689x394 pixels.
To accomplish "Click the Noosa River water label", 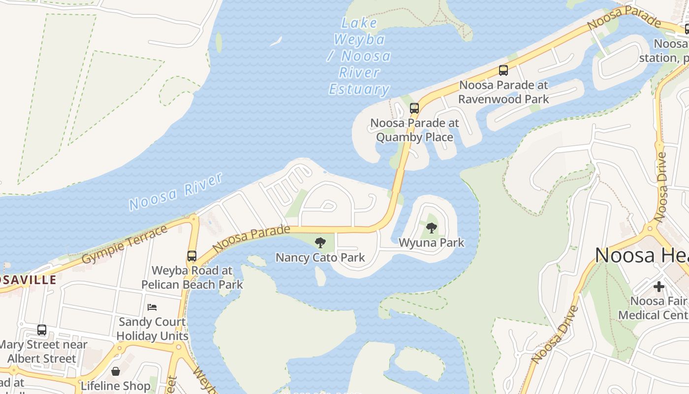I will coord(176,192).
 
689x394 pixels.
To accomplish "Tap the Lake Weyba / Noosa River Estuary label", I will coord(359,56).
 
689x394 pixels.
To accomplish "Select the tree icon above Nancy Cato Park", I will coord(320,242).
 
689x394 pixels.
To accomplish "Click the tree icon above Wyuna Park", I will coord(432,228).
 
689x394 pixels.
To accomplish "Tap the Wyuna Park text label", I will coord(432,243).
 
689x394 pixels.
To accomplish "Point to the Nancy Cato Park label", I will coord(320,258).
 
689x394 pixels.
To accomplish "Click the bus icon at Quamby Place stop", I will coord(414,108).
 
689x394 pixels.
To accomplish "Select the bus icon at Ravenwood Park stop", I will coord(503,70).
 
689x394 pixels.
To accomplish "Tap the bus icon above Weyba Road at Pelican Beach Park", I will coord(192,256).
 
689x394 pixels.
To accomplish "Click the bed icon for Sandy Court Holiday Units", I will coord(152,307).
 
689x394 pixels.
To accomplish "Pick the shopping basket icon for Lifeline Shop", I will coord(116,371).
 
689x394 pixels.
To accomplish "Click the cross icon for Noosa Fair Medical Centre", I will coord(659,286).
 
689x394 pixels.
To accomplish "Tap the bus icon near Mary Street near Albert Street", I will coord(42,329).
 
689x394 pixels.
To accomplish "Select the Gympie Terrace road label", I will coord(125,245).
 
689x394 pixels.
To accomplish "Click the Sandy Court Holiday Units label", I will coord(153,329).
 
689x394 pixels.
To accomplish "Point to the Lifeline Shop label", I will coord(116,386).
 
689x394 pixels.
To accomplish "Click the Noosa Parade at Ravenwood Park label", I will coord(503,92).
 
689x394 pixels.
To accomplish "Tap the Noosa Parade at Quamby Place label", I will coord(414,130).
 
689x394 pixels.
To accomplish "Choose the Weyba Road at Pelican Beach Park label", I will coord(192,278).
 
